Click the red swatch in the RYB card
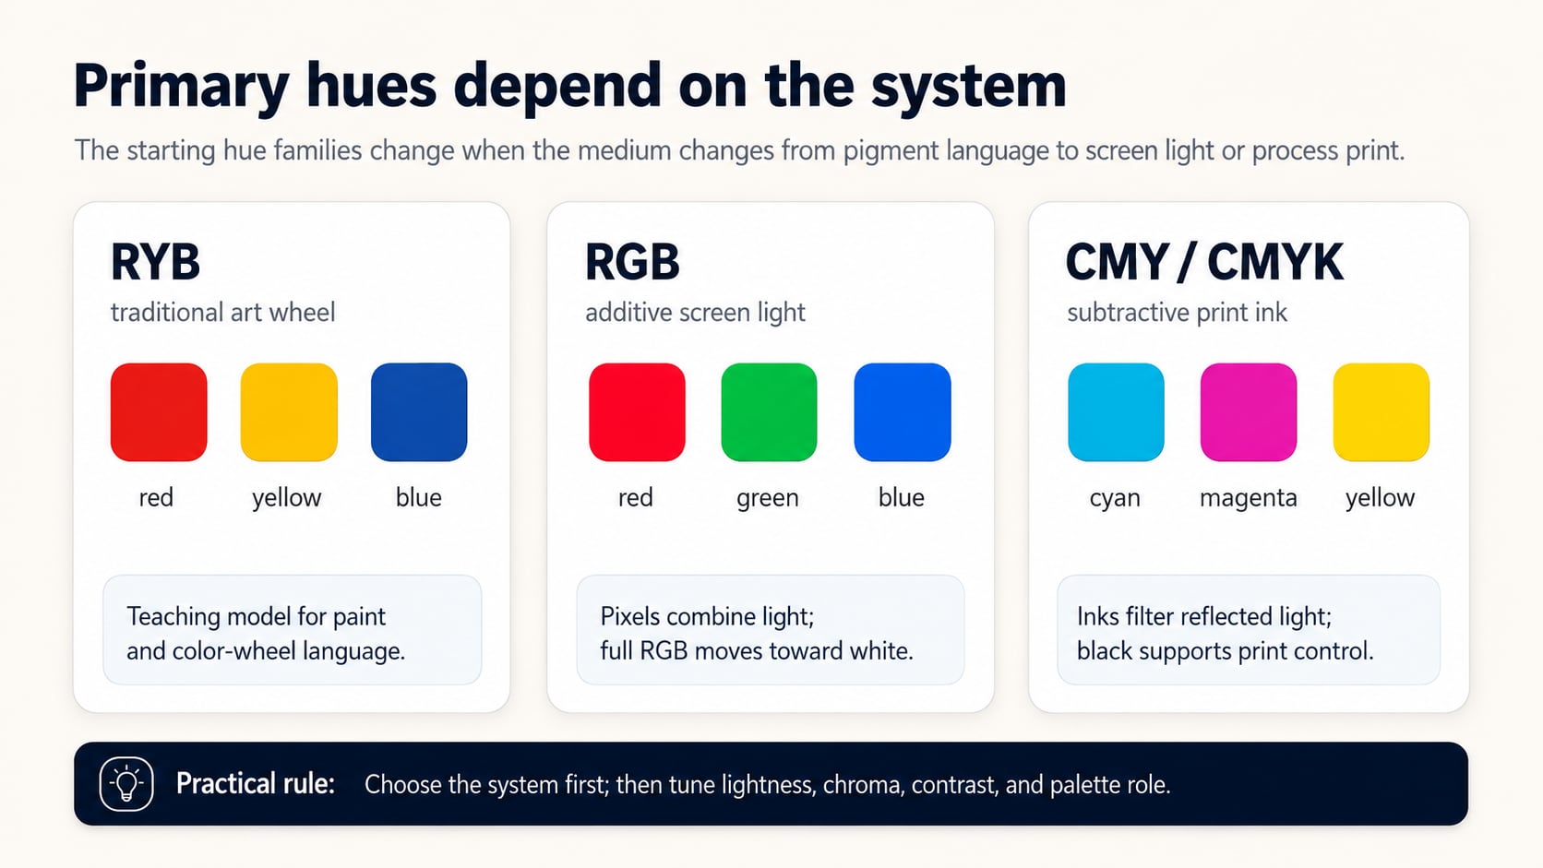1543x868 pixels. point(159,411)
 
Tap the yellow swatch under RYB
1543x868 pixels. point(289,411)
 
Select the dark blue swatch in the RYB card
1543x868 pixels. point(419,411)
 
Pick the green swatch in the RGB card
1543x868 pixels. point(769,411)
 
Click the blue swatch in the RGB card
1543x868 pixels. point(903,411)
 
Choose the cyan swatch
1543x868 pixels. point(1116,411)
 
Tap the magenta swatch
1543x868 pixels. point(1249,411)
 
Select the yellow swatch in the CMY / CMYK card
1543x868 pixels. point(1382,411)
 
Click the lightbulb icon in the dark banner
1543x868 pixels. point(126,783)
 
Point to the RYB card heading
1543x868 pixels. point(155,262)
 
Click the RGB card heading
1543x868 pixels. point(632,262)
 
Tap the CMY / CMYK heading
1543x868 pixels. point(1204,262)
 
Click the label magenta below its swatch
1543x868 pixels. point(1249,498)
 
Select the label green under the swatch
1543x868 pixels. point(768,498)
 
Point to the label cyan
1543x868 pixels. point(1115,498)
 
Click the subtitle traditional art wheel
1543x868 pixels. point(222,313)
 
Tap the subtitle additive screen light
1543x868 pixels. point(695,313)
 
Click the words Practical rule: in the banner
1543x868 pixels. point(255,783)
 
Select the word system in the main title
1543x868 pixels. point(968,87)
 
